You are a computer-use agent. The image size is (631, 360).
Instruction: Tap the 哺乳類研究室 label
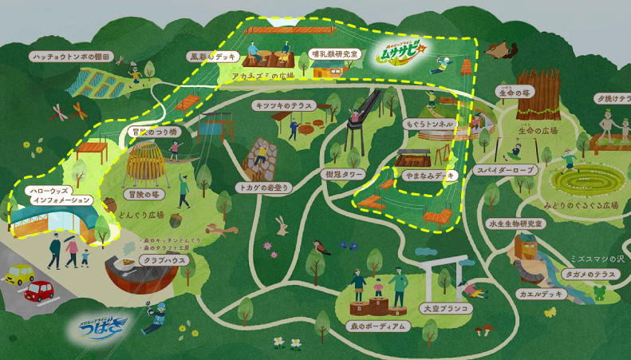tap(334, 54)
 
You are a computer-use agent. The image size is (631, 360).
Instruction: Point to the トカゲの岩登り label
tap(262, 187)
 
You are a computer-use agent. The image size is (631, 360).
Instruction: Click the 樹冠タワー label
tap(344, 173)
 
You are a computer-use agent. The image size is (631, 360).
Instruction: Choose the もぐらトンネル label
tap(428, 125)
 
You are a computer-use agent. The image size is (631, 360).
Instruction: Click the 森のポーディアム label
tap(377, 326)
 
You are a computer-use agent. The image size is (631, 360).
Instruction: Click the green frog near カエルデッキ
tap(599, 292)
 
